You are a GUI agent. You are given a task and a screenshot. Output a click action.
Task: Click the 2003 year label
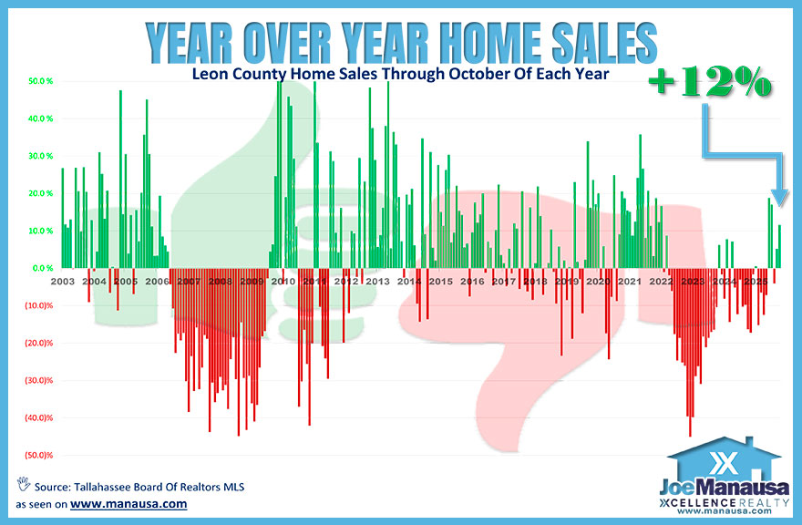coord(63,282)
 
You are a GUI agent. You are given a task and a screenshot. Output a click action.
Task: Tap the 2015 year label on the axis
coord(440,282)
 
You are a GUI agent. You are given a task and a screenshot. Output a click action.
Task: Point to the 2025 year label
coord(754,282)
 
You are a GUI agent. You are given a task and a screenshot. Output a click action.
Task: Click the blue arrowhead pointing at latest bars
coord(777,197)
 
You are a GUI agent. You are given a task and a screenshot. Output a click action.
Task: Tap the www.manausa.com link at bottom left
coord(129,503)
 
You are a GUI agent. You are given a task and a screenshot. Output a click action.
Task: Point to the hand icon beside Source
coord(22,484)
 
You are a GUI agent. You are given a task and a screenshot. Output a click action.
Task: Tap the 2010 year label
coord(283,282)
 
